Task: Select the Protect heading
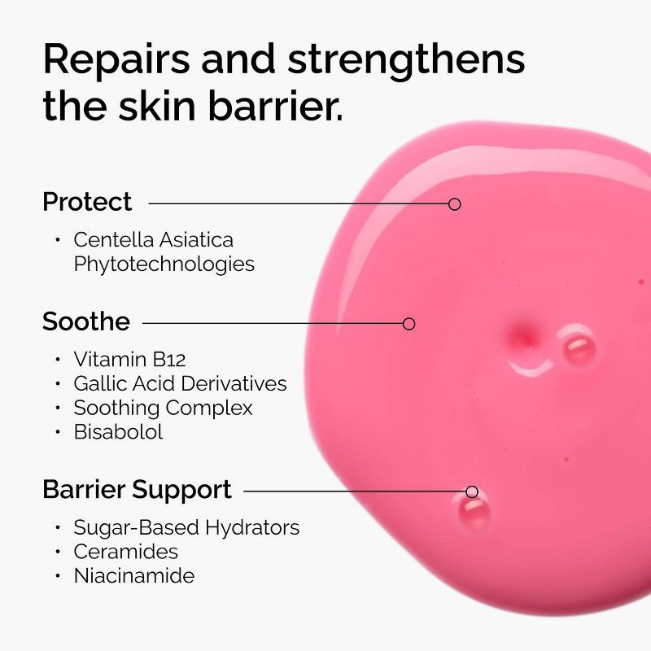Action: pos(87,202)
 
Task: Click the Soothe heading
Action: pos(86,322)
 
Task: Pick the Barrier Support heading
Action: pos(137,490)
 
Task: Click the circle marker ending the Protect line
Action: pos(455,204)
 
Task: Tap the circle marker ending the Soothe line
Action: pos(409,324)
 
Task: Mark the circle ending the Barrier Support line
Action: pos(472,492)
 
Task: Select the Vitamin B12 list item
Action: pos(129,359)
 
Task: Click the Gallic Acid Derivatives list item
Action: pos(180,383)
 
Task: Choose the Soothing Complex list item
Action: pos(163,408)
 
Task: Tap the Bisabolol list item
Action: pos(118,432)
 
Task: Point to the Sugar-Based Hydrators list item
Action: pos(186,527)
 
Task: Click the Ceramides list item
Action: pos(125,552)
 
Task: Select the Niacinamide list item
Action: pos(133,576)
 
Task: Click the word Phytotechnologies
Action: pos(164,264)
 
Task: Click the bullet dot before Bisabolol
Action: pos(58,432)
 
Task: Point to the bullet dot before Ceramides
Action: pos(58,552)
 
